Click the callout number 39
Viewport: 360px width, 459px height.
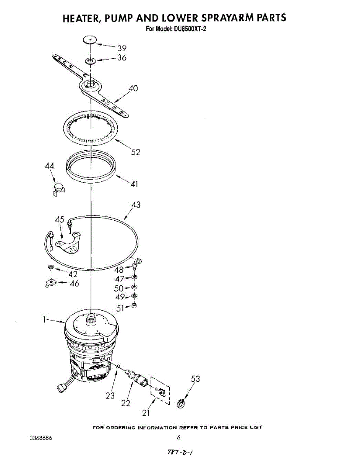click(x=122, y=48)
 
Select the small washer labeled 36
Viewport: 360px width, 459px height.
click(x=90, y=61)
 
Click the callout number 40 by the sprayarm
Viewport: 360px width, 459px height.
click(x=133, y=88)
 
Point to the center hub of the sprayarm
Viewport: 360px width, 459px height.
click(x=91, y=85)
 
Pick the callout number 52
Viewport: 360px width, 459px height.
click(x=135, y=152)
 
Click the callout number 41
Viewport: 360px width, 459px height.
click(x=134, y=184)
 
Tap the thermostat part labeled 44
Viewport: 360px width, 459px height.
click(x=58, y=189)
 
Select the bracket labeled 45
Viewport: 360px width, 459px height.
click(x=68, y=243)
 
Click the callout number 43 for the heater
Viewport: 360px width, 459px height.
click(x=136, y=205)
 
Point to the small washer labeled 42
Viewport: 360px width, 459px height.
click(x=51, y=267)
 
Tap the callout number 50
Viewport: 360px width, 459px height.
click(x=118, y=288)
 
